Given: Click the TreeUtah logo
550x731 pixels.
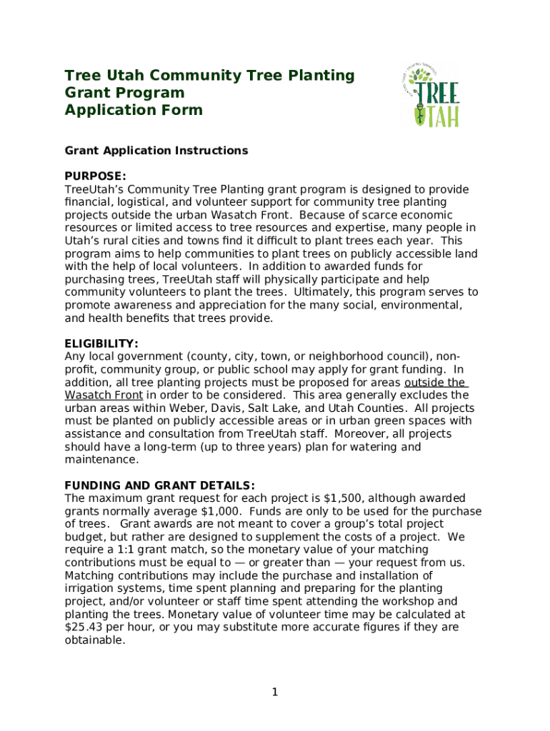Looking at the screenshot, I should click(430, 95).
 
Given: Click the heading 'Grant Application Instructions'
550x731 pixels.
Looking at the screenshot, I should click(156, 151).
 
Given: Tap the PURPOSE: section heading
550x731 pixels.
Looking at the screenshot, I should click(96, 176).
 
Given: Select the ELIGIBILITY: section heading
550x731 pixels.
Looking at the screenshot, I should click(101, 343).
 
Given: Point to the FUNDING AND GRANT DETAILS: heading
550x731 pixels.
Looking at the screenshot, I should click(160, 485).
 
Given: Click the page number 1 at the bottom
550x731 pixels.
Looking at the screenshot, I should click(274, 692).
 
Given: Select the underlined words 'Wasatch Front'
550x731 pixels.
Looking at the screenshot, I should click(104, 395).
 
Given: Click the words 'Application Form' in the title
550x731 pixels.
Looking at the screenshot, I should click(134, 110).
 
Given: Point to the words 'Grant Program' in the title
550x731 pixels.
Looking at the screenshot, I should click(124, 93).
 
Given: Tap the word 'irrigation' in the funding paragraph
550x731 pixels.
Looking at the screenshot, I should click(91, 588).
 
